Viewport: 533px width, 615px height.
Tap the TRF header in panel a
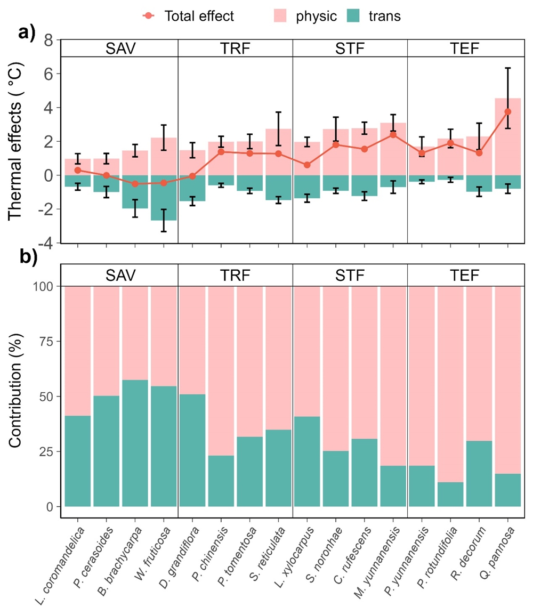(x=235, y=49)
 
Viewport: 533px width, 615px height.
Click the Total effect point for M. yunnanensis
(x=393, y=135)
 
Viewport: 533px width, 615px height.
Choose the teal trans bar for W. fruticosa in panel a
(x=164, y=197)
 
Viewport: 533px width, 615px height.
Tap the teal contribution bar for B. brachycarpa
(x=135, y=442)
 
